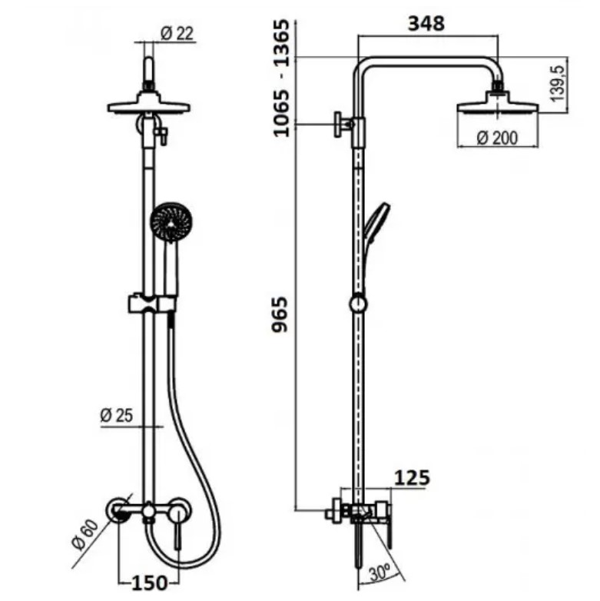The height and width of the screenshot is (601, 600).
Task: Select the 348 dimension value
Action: point(426,23)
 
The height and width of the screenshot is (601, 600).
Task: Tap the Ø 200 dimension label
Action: point(496,138)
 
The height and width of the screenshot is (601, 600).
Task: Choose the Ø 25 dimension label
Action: point(117,415)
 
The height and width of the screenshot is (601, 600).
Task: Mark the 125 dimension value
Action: point(412,477)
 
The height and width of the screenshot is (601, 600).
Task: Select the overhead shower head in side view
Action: point(496,107)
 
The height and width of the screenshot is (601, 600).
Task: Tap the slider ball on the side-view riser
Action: point(357,304)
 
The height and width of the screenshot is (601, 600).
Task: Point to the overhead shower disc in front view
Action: point(150,105)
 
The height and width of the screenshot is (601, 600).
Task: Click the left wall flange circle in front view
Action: point(120,510)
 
